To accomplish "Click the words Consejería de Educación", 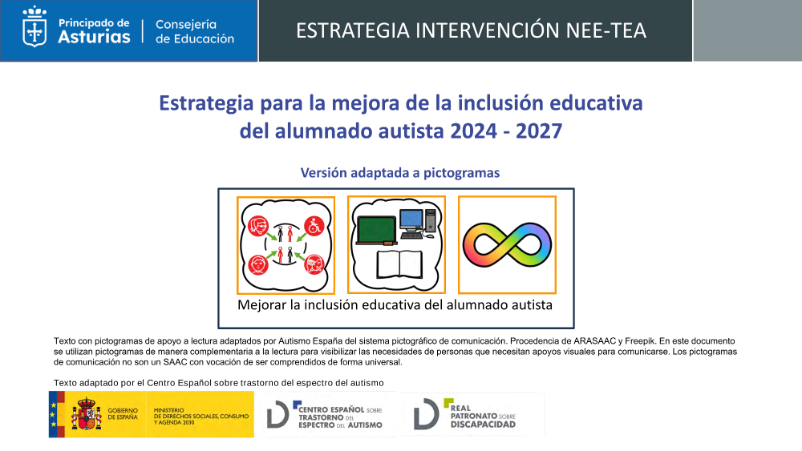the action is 195,32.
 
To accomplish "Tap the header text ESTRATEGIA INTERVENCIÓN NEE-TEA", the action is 471,30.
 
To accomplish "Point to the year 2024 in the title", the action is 474,131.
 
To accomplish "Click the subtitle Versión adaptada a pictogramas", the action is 400,173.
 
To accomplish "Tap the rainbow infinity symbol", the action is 507,244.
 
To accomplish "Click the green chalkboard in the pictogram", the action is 378,230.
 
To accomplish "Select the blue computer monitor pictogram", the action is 411,220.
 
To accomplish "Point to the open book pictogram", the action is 399,264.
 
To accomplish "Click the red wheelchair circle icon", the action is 314,225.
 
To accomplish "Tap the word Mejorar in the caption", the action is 262,305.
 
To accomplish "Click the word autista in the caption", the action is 530,305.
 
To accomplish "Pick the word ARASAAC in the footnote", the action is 594,340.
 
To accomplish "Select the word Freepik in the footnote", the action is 640,341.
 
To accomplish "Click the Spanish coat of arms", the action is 87,413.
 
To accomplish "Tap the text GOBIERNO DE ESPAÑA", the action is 123,413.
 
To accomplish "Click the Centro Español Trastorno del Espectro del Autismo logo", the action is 325,414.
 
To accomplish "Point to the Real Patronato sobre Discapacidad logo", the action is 464,413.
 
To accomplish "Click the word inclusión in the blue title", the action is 500,103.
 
